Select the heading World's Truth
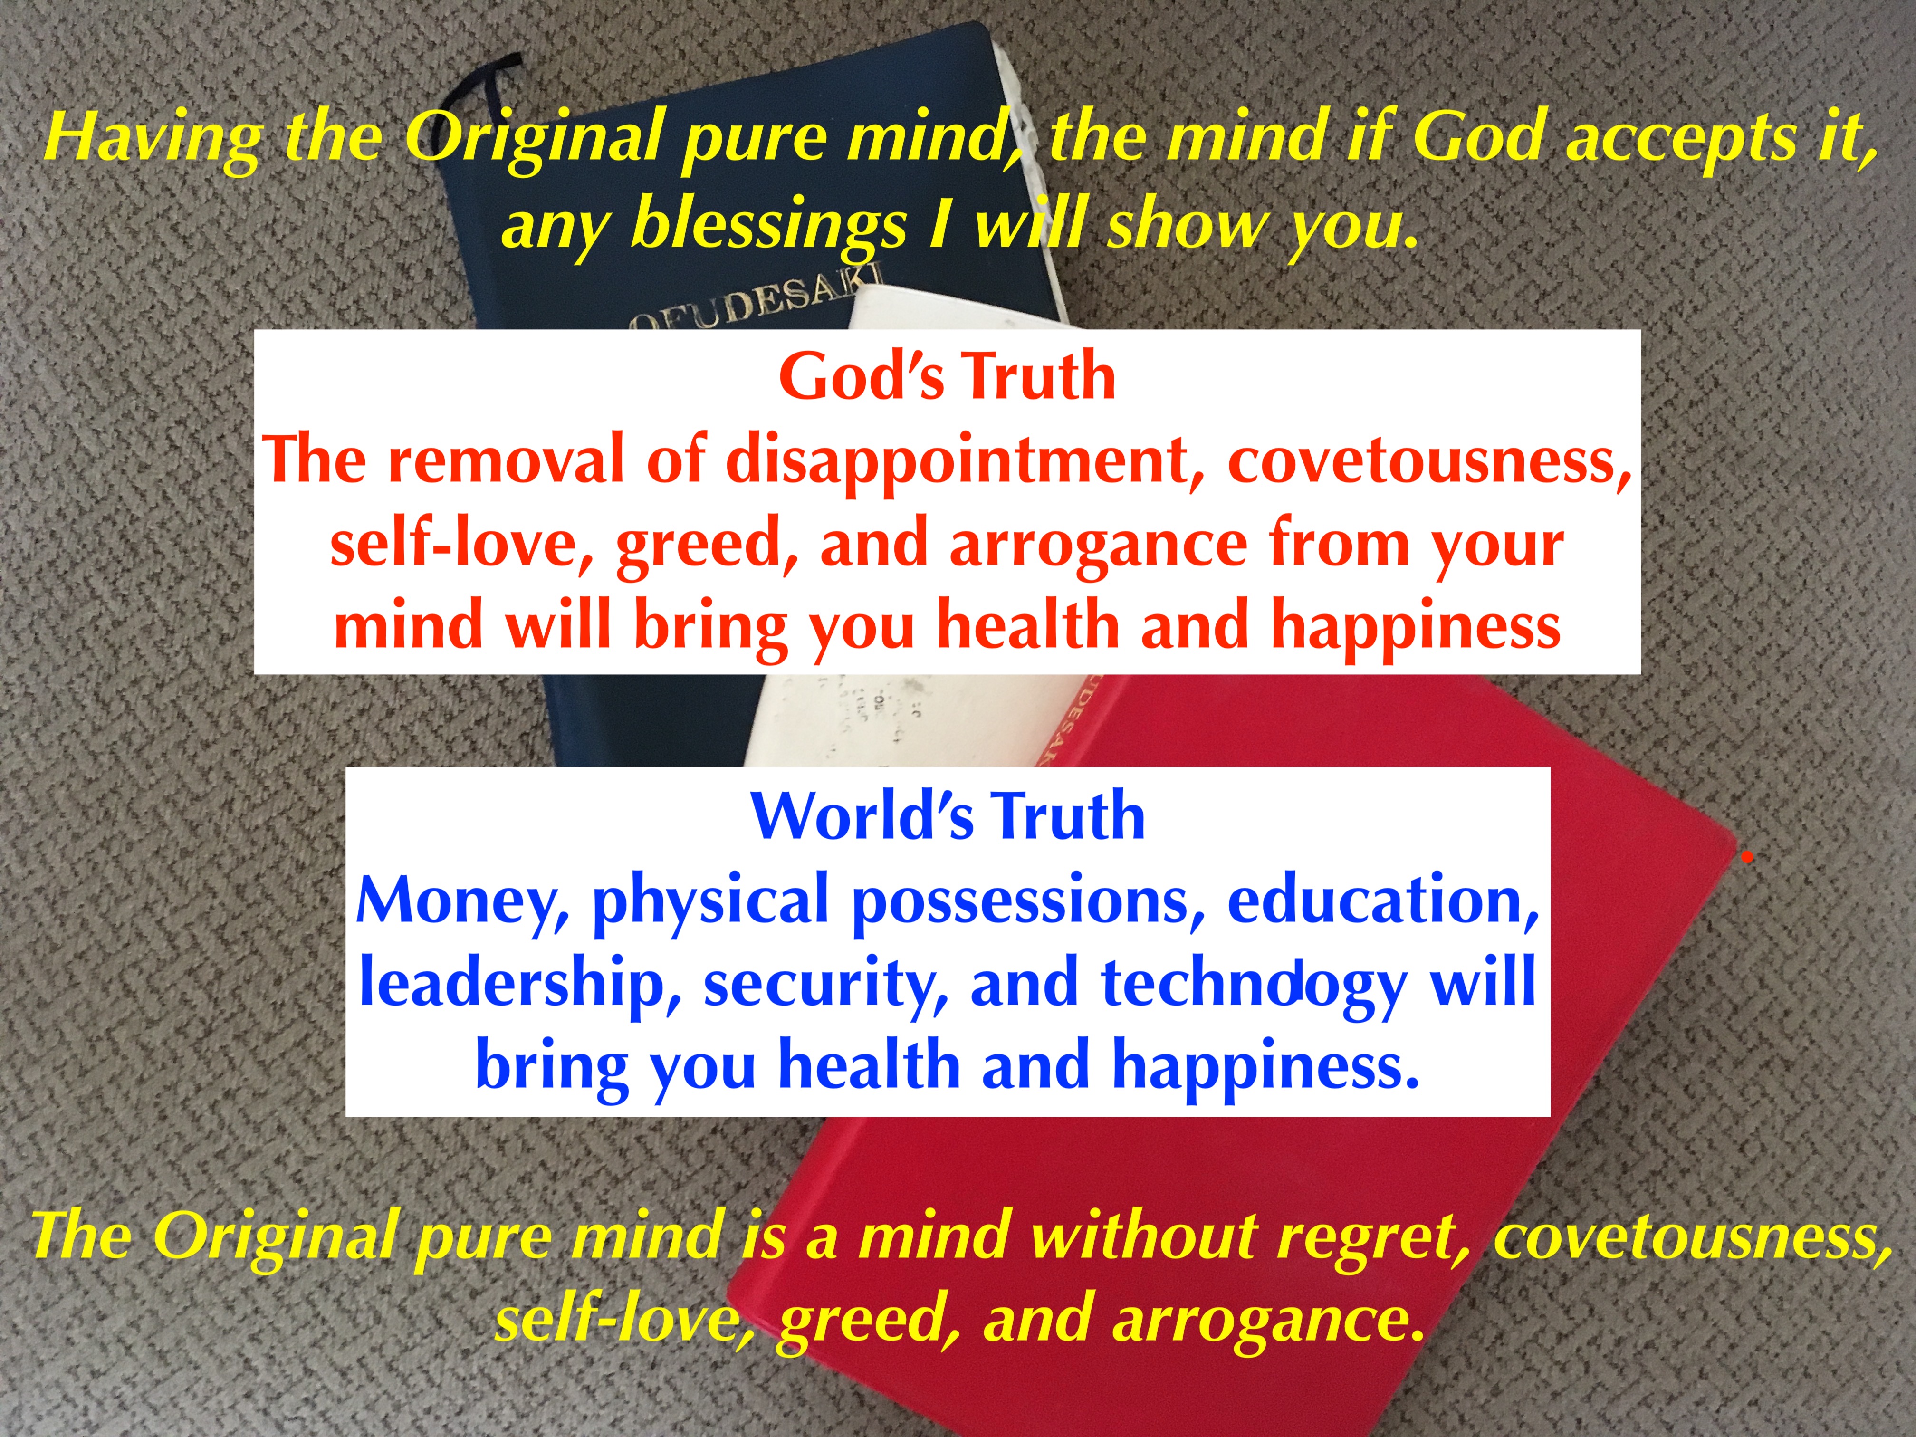coord(948,816)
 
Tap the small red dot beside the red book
coord(1747,858)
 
